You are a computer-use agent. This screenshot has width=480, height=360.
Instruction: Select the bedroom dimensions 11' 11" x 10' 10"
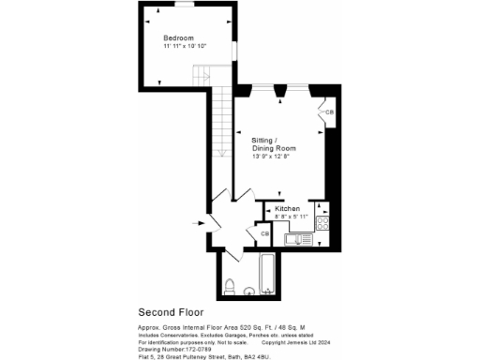pyautogui.click(x=184, y=46)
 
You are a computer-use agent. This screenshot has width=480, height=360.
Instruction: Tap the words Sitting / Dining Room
pyautogui.click(x=274, y=143)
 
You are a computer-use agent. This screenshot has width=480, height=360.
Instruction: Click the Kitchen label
pyautogui.click(x=287, y=208)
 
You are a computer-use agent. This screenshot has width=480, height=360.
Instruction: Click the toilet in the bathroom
pyautogui.click(x=230, y=286)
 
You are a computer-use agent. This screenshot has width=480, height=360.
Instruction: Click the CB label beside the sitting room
pyautogui.click(x=328, y=112)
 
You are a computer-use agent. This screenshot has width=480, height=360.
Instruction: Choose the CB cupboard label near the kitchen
pyautogui.click(x=264, y=233)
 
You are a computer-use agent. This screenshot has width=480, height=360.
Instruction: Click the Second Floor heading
pyautogui.click(x=172, y=311)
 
